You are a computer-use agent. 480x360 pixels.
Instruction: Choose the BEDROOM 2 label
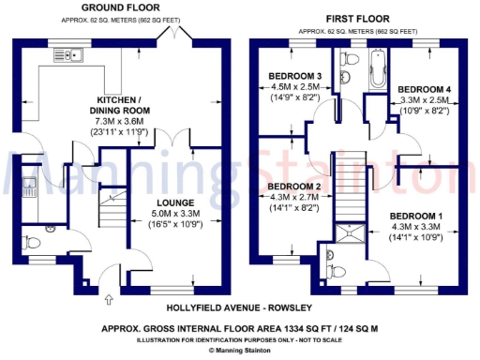click(x=289, y=187)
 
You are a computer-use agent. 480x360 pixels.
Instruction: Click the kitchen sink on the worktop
click(x=68, y=54)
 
